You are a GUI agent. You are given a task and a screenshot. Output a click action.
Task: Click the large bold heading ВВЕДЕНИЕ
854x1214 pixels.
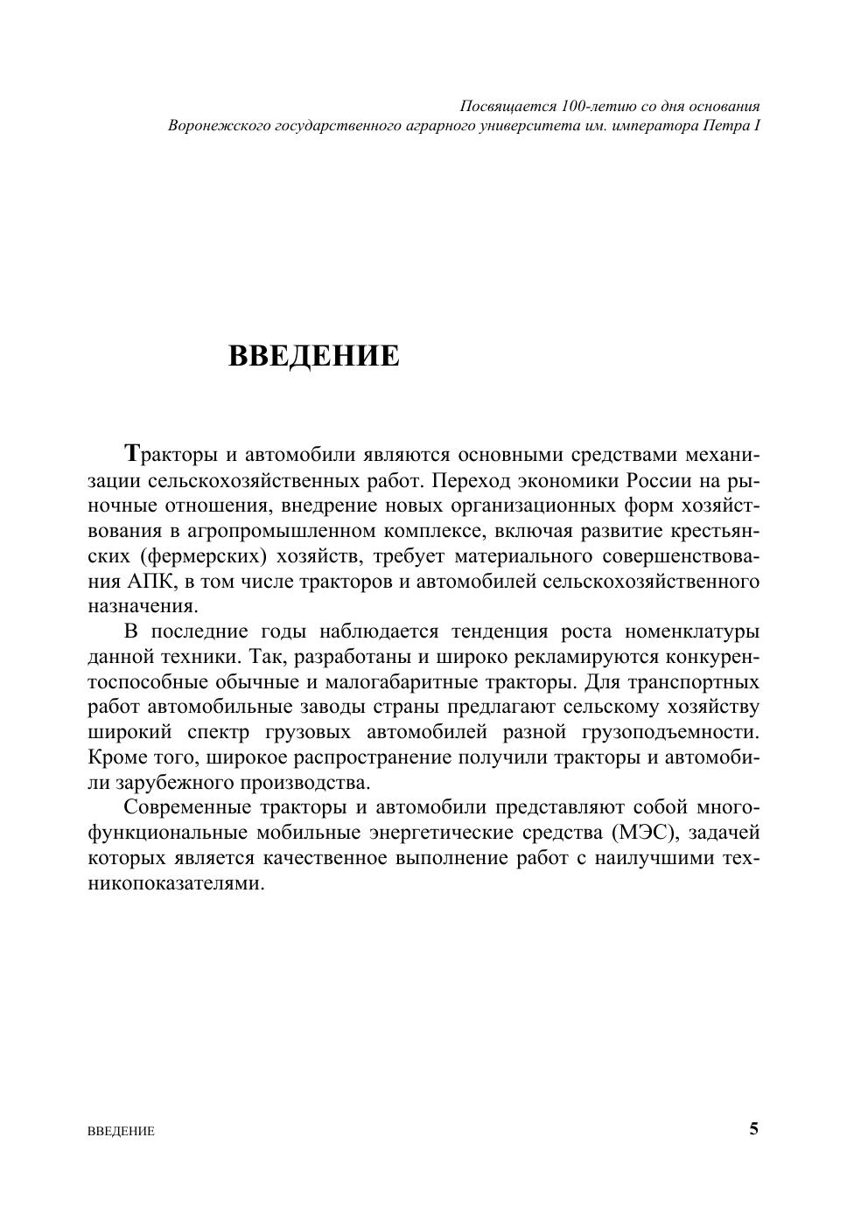pyautogui.click(x=313, y=356)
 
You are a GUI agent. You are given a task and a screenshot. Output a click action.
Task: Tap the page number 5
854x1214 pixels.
pyautogui.click(x=753, y=1128)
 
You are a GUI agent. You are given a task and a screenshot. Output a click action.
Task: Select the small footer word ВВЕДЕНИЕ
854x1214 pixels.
pyautogui.click(x=122, y=1131)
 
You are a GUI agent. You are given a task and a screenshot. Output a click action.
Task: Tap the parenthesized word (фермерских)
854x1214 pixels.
pyautogui.click(x=202, y=556)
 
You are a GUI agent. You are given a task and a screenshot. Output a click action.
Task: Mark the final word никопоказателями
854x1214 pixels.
pyautogui.click(x=176, y=883)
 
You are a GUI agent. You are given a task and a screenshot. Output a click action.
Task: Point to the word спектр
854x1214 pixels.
pyautogui.click(x=215, y=732)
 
